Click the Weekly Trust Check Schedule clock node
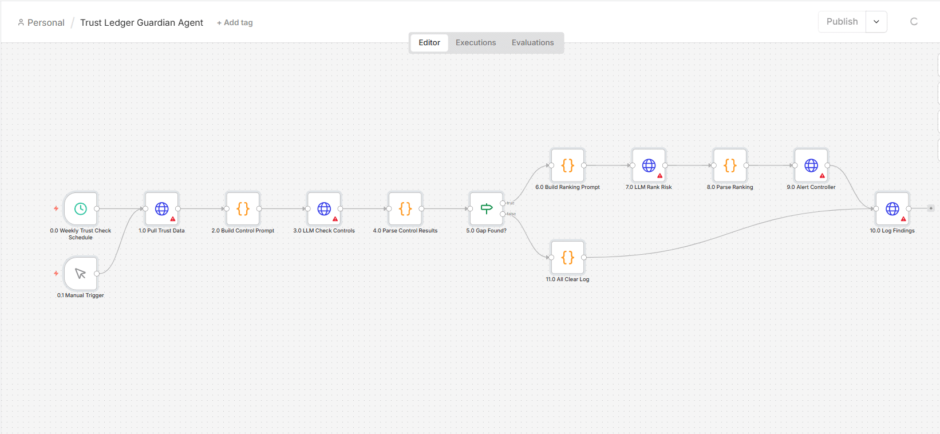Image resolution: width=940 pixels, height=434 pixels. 81,208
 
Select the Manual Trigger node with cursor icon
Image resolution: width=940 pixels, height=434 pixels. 81,274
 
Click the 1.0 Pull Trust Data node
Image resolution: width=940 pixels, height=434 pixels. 161,208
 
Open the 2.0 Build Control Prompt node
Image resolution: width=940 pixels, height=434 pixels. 243,208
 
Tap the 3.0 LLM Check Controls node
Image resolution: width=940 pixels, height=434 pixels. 324,208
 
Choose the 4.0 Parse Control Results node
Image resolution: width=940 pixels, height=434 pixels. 405,208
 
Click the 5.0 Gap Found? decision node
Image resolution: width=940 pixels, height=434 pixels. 487,208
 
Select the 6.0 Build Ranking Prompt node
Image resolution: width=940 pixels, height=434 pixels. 567,165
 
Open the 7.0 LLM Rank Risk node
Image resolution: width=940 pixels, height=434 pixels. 649,165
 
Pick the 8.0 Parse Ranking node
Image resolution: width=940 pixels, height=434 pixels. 730,165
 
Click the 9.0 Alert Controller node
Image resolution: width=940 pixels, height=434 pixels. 811,165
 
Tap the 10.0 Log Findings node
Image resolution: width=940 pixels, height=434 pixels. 892,208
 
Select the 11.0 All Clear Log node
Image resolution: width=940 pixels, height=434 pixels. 567,257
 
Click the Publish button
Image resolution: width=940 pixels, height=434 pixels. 842,22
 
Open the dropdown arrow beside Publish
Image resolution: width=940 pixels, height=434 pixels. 876,22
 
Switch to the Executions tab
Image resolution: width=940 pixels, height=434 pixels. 476,42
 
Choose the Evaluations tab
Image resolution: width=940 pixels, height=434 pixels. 532,42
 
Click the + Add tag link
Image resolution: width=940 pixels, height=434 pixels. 235,23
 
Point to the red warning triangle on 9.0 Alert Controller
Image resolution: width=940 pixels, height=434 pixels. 822,176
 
